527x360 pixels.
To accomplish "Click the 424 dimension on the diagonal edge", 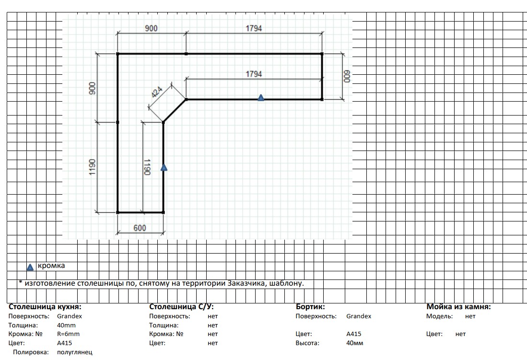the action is click(157, 92).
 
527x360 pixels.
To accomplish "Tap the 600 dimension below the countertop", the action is click(140, 228).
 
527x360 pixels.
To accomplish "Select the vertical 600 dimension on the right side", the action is click(347, 76).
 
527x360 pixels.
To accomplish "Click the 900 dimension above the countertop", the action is click(151, 28).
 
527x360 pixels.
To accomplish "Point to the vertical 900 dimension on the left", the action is click(92, 88).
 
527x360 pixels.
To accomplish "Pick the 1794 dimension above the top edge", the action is click(254, 28).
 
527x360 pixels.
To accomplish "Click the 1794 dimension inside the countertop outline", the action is click(254, 74).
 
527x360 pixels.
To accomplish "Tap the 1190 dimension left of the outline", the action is click(92, 167).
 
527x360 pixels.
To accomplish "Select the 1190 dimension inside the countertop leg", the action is click(147, 167).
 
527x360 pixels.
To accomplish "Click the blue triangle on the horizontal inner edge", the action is click(261, 98).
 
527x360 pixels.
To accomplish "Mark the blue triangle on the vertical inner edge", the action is click(164, 167).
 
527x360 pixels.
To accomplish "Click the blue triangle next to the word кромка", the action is click(30, 267).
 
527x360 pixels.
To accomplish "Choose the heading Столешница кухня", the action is click(45, 307).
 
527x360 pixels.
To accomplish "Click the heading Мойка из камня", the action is click(459, 307).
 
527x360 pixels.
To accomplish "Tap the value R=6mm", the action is click(68, 334).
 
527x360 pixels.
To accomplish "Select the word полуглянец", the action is click(75, 352).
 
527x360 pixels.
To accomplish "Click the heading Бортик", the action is click(310, 307).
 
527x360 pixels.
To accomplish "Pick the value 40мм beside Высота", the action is click(354, 343).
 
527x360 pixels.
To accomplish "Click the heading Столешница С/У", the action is click(181, 307).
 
